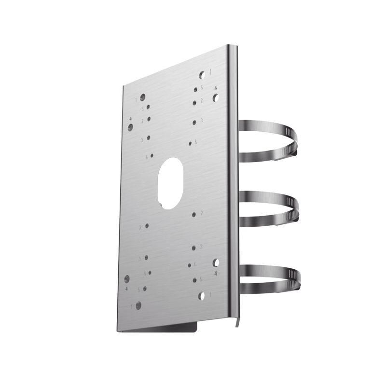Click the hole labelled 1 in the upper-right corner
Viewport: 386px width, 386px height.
[203, 75]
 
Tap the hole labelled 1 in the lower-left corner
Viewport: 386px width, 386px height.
[139, 305]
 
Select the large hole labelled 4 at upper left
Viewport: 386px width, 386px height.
[131, 127]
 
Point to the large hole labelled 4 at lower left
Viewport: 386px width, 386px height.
[127, 279]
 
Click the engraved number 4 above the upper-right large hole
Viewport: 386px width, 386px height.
[215, 88]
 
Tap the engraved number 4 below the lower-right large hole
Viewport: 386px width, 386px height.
[215, 273]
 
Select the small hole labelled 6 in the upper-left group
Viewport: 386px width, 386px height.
[152, 155]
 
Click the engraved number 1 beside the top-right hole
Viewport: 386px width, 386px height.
[211, 72]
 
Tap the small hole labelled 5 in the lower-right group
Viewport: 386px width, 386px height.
[194, 279]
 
